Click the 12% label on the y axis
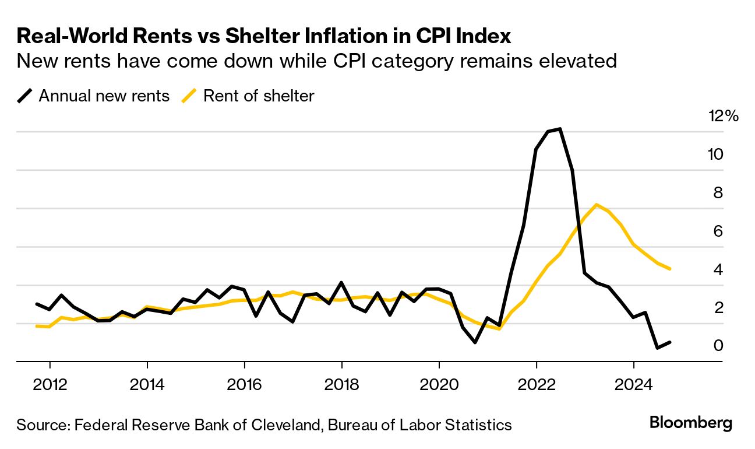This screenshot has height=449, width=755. (723, 116)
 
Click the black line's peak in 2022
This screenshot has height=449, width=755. (559, 129)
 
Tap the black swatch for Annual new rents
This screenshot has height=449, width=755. (25, 96)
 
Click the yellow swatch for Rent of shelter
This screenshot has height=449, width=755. (190, 96)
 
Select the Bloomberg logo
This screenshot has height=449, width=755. (690, 423)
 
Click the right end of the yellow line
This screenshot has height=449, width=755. (670, 269)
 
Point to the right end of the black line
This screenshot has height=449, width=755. (670, 342)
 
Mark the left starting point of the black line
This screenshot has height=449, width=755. (37, 304)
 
